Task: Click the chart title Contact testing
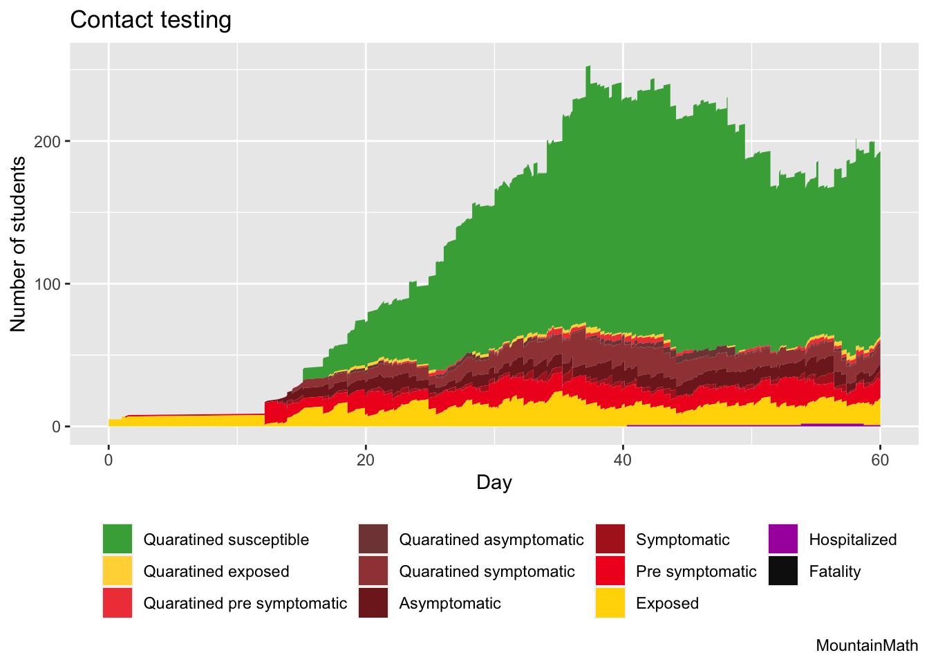point(151,20)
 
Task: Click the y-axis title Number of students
point(19,244)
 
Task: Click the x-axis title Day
point(494,482)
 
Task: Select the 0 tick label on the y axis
point(57,427)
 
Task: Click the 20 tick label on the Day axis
point(366,461)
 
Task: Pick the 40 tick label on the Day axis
point(623,461)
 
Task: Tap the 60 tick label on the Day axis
point(880,461)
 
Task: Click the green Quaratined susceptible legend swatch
point(117,539)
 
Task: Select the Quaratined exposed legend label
point(216,571)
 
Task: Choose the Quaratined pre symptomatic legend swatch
point(117,603)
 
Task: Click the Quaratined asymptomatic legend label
point(491,539)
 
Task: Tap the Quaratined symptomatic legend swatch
point(373,571)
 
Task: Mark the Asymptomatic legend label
point(450,603)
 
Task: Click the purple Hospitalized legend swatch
point(782,539)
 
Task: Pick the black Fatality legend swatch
point(782,571)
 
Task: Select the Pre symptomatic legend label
point(696,571)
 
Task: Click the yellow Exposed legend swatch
point(610,603)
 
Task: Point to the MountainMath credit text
point(867,646)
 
